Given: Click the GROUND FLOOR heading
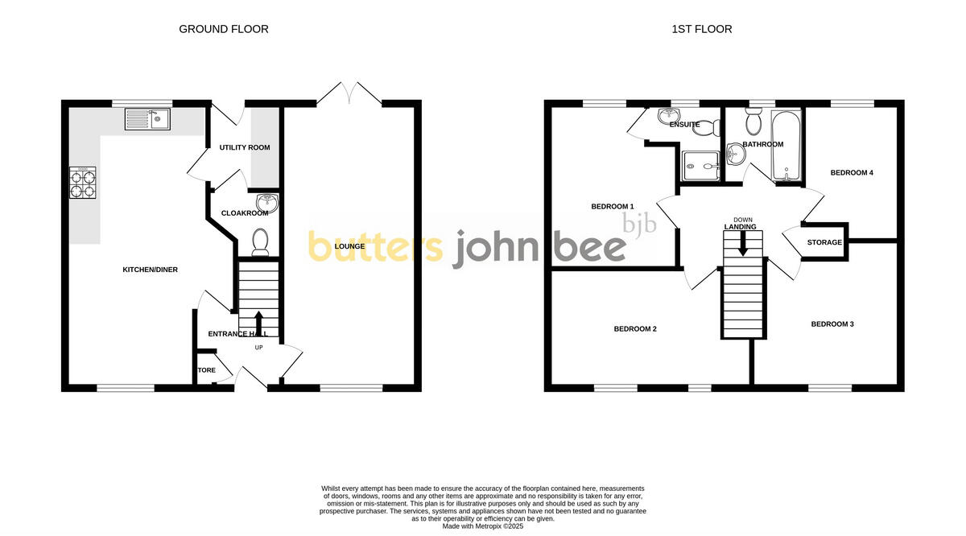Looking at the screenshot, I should point(223,29).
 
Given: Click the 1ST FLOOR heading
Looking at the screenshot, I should point(702,29).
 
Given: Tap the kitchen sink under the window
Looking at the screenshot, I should point(147,120).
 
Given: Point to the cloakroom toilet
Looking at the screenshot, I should point(260,242).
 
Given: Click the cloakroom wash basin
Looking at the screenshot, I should point(266,203).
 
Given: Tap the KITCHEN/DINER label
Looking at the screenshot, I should point(150,270).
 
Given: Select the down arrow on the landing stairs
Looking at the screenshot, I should point(742,243).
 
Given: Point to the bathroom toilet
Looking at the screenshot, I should point(754,122).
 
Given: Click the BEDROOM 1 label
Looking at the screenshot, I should point(613,207).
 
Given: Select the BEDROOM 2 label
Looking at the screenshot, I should point(635,329).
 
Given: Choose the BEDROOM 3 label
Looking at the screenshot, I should point(832,324).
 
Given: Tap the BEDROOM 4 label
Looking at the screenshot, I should point(852,173).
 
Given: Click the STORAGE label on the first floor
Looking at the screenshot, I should point(824,242).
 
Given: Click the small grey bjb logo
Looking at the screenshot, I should point(641,223).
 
